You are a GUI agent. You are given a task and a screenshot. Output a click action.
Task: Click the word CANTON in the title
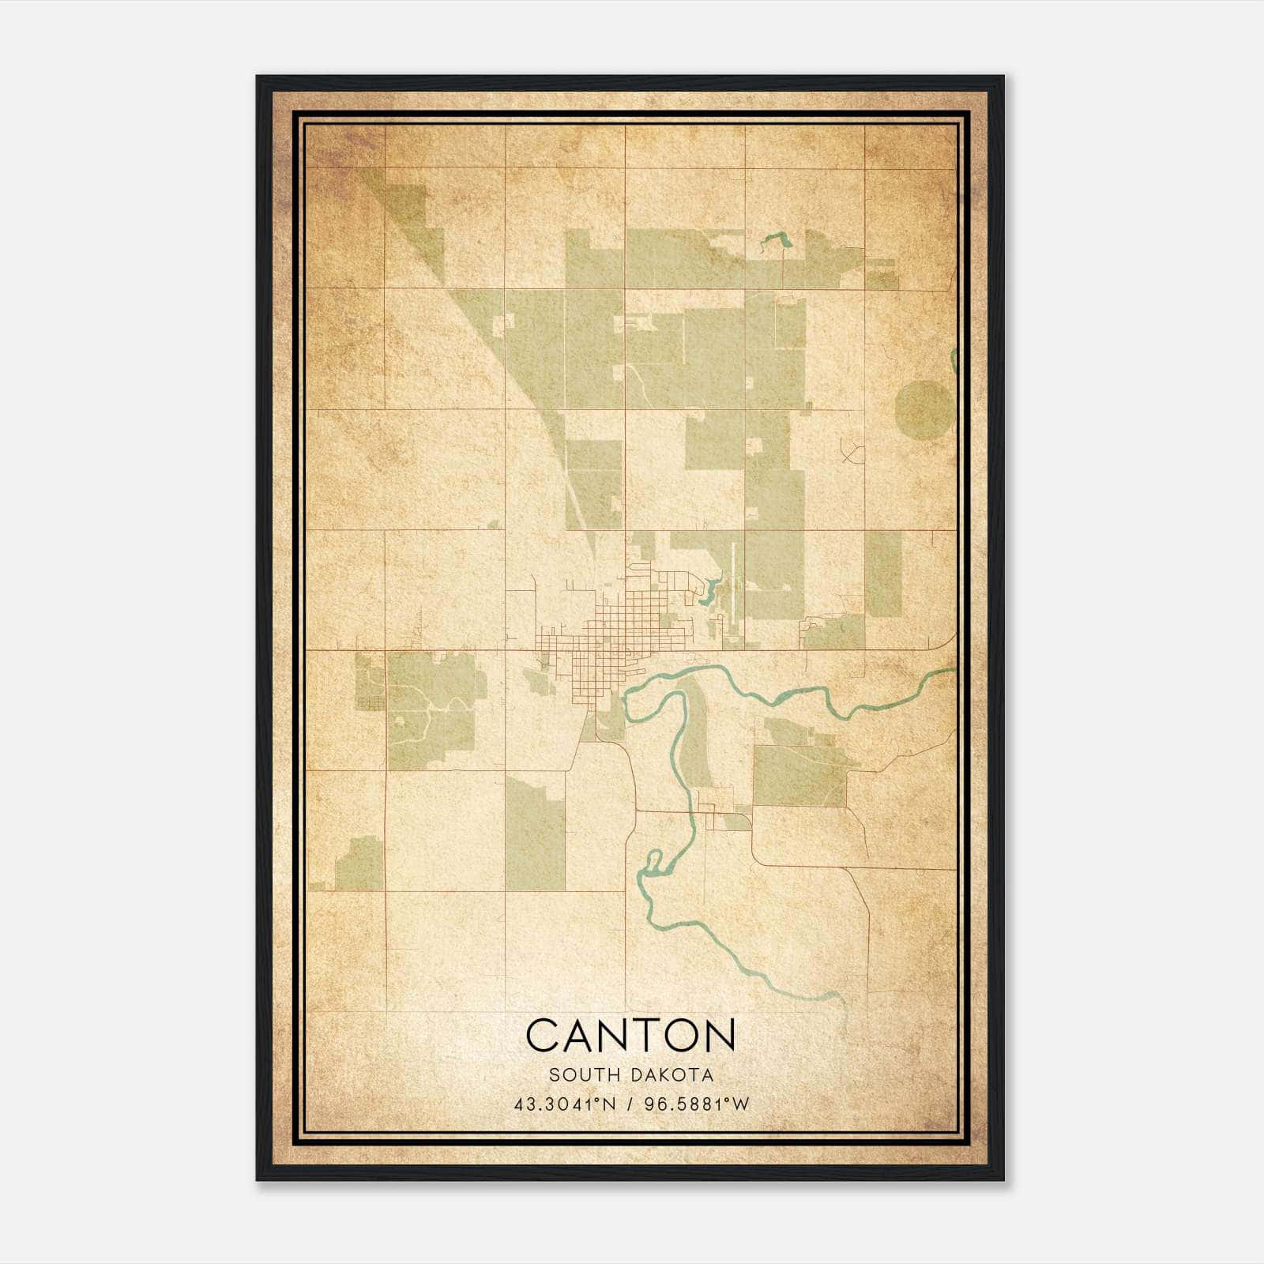pos(630,1035)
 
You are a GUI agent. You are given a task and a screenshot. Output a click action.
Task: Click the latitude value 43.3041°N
pos(564,1104)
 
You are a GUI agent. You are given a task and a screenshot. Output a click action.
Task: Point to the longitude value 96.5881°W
pos(697,1104)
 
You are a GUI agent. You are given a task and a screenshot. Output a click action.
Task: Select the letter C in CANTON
pos(544,1035)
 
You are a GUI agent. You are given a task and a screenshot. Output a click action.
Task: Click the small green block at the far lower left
pos(360,863)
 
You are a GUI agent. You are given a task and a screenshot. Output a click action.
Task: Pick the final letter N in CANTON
pos(718,1035)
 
